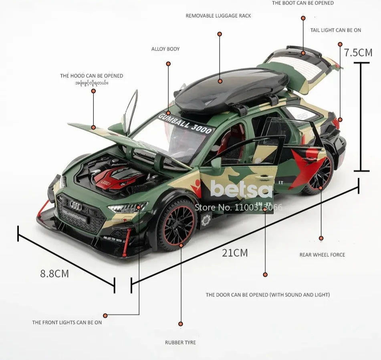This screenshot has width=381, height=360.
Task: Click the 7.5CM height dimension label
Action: [358, 52]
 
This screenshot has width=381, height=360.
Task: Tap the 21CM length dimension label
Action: [235, 253]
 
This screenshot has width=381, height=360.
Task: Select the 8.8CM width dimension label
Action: [54, 274]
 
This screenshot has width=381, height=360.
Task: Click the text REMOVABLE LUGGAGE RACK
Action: [218, 16]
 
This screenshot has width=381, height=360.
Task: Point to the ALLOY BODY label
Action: [165, 49]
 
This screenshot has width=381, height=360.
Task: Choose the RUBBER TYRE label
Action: [180, 342]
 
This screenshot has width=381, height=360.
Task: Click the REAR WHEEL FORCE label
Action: [322, 255]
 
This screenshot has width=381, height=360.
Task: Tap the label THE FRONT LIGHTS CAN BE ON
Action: [67, 322]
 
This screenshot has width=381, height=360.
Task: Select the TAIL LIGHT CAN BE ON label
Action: [336, 30]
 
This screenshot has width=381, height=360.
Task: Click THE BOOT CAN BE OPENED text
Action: [303, 3]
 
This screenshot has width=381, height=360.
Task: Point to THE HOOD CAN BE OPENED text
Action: [92, 76]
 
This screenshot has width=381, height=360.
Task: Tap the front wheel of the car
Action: [176, 223]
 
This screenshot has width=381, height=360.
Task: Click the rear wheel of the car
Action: [319, 173]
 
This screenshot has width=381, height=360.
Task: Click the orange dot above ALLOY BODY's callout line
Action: [168, 64]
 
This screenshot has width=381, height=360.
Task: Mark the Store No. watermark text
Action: [238, 207]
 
